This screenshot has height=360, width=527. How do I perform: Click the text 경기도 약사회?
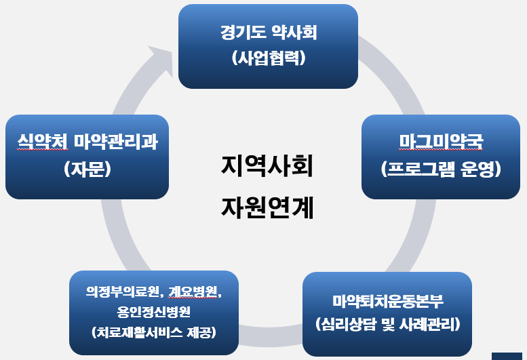269,33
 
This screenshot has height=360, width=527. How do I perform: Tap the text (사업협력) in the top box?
269,58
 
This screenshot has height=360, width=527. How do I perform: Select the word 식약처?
43,142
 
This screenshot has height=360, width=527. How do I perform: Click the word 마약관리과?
115,142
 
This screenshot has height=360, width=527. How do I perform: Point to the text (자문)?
87,169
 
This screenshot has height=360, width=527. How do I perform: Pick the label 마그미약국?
441,142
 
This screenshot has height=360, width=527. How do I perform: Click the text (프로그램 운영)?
441,169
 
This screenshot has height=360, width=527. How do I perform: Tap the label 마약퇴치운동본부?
387,301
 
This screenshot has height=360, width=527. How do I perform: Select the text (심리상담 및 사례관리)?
387,324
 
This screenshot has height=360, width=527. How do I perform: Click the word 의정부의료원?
123,292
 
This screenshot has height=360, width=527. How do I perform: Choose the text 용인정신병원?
154,312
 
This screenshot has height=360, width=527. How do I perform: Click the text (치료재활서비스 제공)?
154,332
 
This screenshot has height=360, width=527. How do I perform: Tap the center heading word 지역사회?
267,165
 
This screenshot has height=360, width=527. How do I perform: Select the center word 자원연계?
267,207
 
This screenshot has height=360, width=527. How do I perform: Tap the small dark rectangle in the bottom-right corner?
507,357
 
